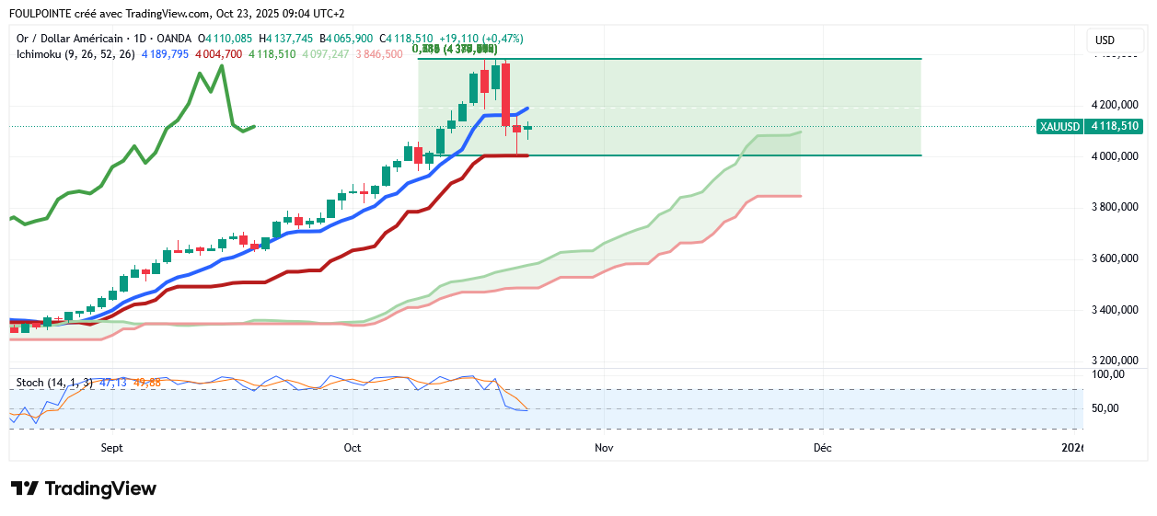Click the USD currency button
pos(1105,40)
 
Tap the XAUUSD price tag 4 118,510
pos(1089,126)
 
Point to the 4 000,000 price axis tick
pos(1113,156)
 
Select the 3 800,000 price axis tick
pos(1113,207)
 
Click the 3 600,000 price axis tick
pos(1113,258)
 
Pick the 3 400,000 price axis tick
pos(1113,310)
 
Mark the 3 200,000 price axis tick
pos(1113,361)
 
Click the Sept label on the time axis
pos(111,448)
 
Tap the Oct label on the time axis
pos(352,448)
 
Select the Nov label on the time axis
pos(604,448)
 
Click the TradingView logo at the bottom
pos(84,488)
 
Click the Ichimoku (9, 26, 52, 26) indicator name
pos(76,54)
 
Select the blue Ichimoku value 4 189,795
pos(165,54)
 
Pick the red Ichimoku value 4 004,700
pos(218,54)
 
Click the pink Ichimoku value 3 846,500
pos(378,54)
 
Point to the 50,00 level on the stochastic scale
pos(1107,408)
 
